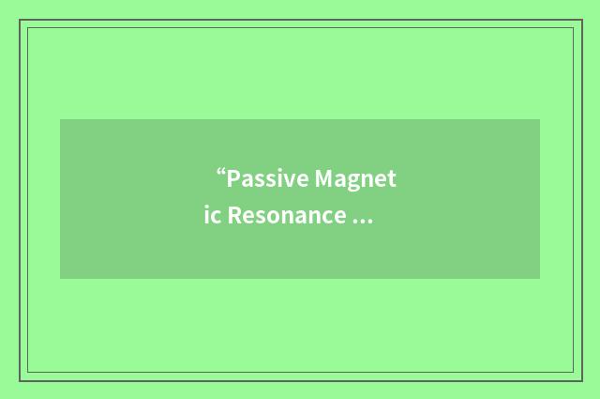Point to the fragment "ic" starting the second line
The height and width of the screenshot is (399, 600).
[213, 216]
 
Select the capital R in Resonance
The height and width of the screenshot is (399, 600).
[233, 216]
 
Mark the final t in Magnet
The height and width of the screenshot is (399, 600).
[393, 179]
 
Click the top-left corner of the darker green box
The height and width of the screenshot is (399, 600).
[60, 119]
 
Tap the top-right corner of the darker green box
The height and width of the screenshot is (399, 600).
[540, 119]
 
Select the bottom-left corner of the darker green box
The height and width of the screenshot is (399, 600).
[60, 279]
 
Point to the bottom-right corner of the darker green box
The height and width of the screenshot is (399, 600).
[540, 279]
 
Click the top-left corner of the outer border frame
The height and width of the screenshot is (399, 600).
[20, 20]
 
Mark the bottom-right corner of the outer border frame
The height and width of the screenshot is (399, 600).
[582, 380]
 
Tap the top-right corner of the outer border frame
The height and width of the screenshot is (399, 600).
[582, 20]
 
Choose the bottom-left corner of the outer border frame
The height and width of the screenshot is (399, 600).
[20, 380]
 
